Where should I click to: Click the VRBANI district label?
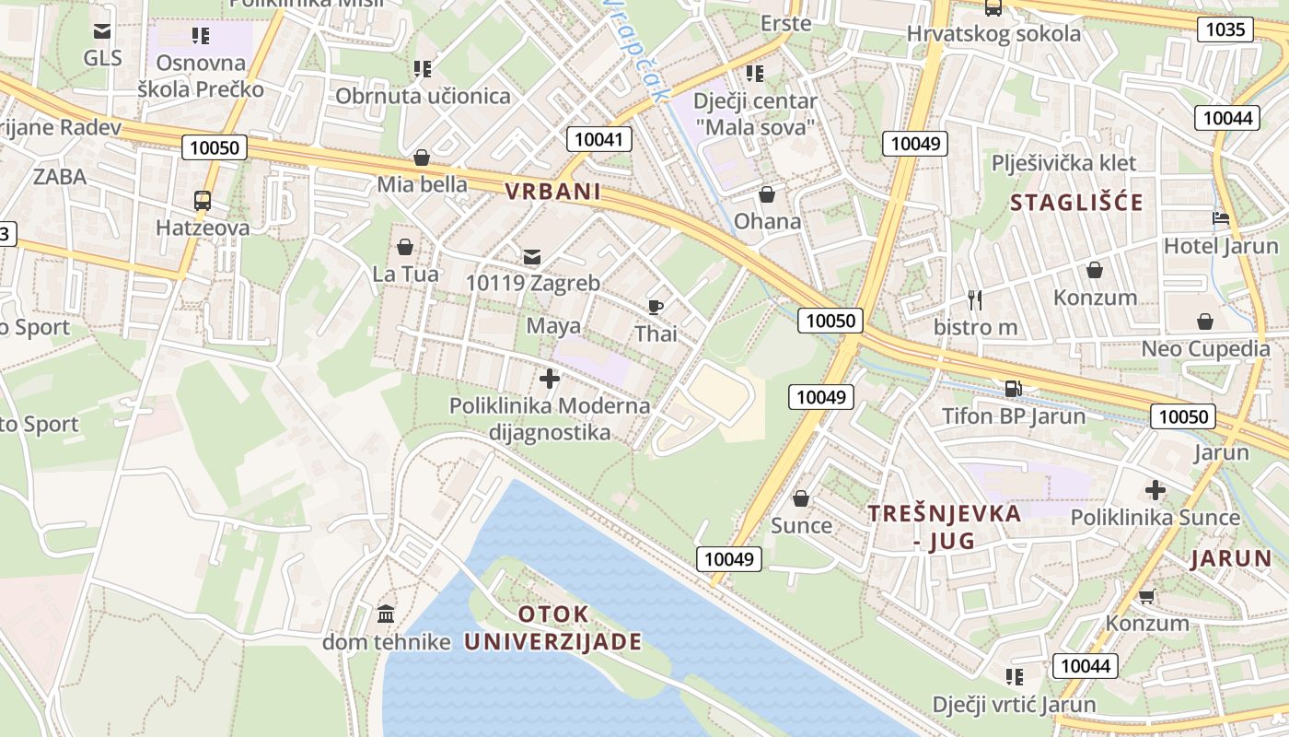[x=552, y=192]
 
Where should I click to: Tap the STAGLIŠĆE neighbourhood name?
[x=1076, y=203]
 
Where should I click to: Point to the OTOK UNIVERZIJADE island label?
[x=552, y=628]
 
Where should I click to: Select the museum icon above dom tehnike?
[x=386, y=613]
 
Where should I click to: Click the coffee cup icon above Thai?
[x=656, y=306]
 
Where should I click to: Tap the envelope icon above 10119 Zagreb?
[x=532, y=255]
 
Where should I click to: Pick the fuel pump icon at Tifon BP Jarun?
[x=1013, y=388]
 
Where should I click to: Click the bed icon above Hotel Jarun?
[x=1221, y=218]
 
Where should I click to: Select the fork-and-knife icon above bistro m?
[x=975, y=299]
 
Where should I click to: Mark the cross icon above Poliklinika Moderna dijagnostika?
[x=550, y=378]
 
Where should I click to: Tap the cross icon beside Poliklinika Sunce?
[x=1155, y=489]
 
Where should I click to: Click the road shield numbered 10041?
[x=599, y=140]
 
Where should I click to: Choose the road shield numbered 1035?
[x=1225, y=29]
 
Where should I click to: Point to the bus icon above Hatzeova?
[x=202, y=200]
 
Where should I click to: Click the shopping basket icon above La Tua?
[x=404, y=247]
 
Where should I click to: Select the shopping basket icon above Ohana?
[x=767, y=194]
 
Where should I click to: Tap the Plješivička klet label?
[x=1063, y=163]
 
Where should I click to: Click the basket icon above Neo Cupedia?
[x=1205, y=322]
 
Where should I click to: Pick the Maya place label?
[x=553, y=326]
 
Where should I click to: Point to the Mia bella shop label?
[x=422, y=184]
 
